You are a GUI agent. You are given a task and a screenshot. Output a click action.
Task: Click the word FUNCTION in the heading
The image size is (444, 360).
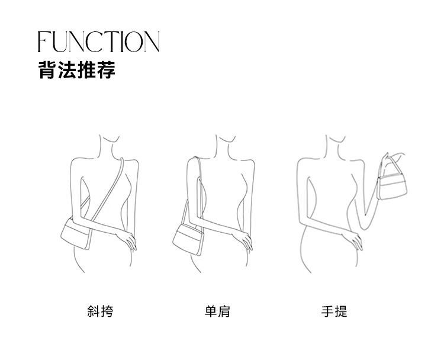(98, 42)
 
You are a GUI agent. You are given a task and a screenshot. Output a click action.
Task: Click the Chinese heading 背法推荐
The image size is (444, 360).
(77, 69)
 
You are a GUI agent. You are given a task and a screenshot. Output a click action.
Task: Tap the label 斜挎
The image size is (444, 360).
(100, 311)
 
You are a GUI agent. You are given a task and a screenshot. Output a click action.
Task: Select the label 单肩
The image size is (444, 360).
(217, 311)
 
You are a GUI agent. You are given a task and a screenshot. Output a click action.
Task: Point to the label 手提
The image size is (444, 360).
(334, 311)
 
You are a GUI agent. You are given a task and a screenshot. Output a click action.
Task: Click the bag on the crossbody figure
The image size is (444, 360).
(76, 234)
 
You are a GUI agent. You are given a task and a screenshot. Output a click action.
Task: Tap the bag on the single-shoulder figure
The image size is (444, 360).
(188, 239)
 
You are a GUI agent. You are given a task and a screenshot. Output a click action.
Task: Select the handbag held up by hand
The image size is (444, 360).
(392, 187)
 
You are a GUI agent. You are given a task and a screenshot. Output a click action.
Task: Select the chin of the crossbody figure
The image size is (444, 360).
(110, 141)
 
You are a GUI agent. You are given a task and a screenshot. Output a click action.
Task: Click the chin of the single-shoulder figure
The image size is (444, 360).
(226, 141)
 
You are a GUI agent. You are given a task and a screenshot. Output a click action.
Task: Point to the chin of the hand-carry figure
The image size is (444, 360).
(336, 141)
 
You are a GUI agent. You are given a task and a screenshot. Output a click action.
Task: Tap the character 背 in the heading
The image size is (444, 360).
(47, 69)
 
